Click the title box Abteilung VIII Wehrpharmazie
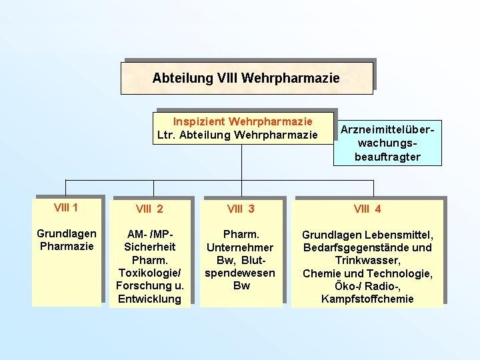click(x=246, y=78)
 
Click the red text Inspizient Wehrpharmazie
click(x=243, y=121)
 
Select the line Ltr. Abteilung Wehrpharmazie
click(x=237, y=135)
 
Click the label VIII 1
click(x=66, y=207)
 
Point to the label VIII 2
click(x=149, y=209)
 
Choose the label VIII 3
click(x=241, y=209)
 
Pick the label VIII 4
click(x=367, y=209)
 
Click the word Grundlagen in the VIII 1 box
click(x=66, y=234)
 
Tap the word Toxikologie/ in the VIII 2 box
click(x=149, y=273)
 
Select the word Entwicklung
click(x=149, y=298)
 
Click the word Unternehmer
click(x=241, y=247)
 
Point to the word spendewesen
click(x=241, y=273)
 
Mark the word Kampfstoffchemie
click(x=367, y=298)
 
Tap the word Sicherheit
click(x=149, y=247)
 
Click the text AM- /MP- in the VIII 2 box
click(x=149, y=235)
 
